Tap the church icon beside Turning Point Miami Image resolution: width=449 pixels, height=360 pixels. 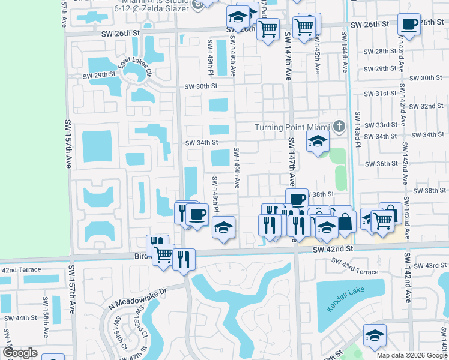[x=339, y=127]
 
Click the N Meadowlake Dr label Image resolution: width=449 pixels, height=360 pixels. [x=137, y=296]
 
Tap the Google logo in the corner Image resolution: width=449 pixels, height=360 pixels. [x=20, y=352]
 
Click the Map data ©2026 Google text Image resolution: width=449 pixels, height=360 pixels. [x=411, y=355]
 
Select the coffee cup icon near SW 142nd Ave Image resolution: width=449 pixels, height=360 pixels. [x=409, y=25]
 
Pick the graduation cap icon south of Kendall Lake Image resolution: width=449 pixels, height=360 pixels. [x=375, y=336]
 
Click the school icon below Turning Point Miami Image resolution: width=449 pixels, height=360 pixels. [x=317, y=142]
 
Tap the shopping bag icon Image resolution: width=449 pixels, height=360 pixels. [x=346, y=221]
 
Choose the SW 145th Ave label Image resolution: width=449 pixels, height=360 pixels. [x=316, y=56]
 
